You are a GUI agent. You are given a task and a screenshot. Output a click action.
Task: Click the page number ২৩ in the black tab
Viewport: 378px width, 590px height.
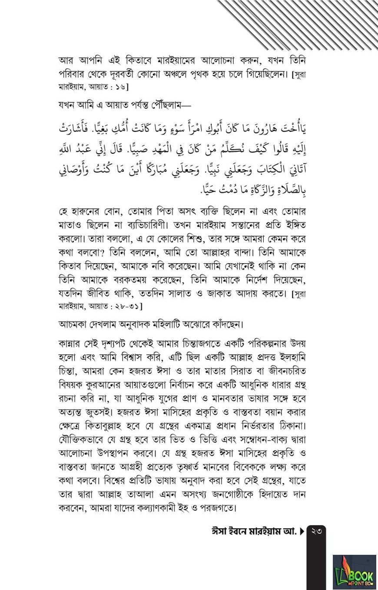pos(316,531)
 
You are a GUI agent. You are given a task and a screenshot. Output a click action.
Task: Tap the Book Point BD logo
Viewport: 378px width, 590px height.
pos(354,572)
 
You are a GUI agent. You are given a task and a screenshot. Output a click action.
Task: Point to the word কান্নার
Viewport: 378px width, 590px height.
pos(71,343)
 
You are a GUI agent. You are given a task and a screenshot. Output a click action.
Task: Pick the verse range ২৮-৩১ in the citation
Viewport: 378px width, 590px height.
pos(125,306)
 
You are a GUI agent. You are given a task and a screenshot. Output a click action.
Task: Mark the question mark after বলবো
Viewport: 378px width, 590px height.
pos(106,253)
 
